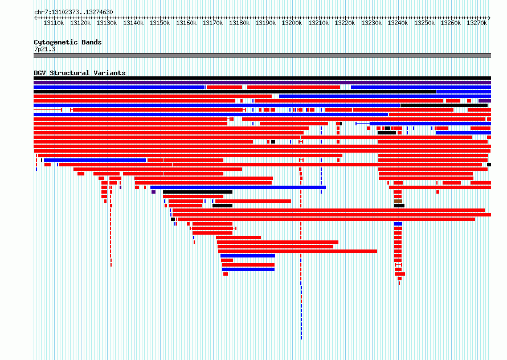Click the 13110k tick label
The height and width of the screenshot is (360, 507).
pos(54,23)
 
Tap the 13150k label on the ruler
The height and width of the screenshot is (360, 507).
pos(160,23)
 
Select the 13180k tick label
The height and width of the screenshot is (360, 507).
pos(239,23)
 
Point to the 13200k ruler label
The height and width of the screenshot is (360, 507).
pos(292,23)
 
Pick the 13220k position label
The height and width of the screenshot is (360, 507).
pos(345,23)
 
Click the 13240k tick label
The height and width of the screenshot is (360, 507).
pos(398,23)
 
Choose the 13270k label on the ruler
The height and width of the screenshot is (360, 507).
pos(477,23)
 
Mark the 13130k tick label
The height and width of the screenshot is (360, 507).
pos(107,23)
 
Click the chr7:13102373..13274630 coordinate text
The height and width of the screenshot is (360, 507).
pos(73,13)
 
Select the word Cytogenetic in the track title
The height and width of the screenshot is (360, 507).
pos(56,42)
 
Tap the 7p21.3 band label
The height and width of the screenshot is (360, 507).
pos(44,49)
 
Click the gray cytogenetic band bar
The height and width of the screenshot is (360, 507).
pos(262,55)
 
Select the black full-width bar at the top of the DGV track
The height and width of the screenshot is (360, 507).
pos(262,78)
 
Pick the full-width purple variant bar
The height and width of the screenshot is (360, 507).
pos(262,83)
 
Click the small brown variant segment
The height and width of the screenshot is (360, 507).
pos(398,201)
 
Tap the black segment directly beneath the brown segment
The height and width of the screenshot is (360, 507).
pos(399,206)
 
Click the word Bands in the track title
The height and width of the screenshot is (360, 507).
pos(92,42)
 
